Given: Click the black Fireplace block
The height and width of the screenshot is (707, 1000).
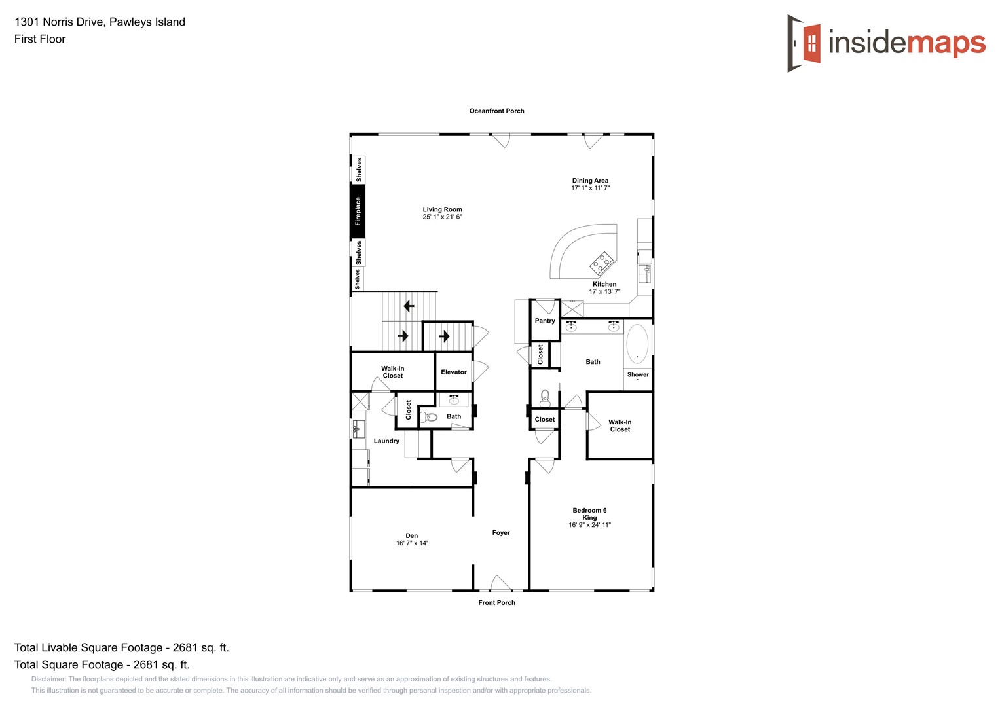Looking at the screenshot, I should [358, 211].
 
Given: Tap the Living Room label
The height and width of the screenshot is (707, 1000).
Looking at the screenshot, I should [442, 209].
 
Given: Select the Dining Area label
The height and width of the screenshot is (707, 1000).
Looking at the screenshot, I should [590, 181].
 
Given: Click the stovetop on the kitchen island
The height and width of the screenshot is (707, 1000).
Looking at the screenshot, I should [602, 263].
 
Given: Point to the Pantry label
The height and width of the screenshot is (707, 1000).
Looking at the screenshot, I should [545, 321].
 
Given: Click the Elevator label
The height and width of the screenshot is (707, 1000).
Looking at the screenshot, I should [454, 372].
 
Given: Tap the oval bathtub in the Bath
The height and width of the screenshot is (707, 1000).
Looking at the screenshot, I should [637, 344].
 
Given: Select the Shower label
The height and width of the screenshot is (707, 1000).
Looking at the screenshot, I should [638, 374].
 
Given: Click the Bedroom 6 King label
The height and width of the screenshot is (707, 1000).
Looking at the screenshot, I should [589, 514].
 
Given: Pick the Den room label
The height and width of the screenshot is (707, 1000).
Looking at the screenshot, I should [412, 535].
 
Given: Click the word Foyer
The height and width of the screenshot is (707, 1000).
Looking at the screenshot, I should [501, 533].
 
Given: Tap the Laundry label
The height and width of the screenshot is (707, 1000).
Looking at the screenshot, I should [386, 441].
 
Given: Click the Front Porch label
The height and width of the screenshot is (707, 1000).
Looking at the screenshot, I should [496, 602].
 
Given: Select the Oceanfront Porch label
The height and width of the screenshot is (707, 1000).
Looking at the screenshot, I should [496, 111].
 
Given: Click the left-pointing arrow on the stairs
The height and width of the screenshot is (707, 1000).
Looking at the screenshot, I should [409, 306].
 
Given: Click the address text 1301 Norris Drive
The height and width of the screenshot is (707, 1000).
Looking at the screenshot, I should [59, 22].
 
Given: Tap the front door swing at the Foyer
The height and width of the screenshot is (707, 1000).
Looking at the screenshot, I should [500, 583].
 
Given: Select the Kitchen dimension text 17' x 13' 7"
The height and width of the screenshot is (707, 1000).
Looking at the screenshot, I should [604, 292].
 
